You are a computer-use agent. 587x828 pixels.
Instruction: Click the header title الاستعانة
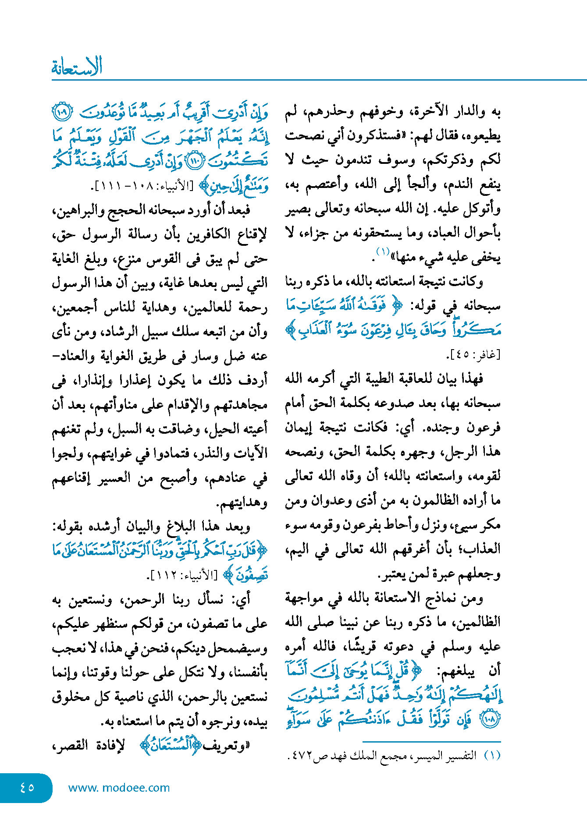click(x=77, y=67)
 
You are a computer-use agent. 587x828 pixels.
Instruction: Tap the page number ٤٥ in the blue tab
click(x=27, y=787)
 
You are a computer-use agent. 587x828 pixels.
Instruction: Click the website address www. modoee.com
click(x=119, y=788)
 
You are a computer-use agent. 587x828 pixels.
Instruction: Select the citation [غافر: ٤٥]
click(x=473, y=355)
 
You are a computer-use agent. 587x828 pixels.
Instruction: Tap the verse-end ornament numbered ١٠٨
click(x=491, y=720)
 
